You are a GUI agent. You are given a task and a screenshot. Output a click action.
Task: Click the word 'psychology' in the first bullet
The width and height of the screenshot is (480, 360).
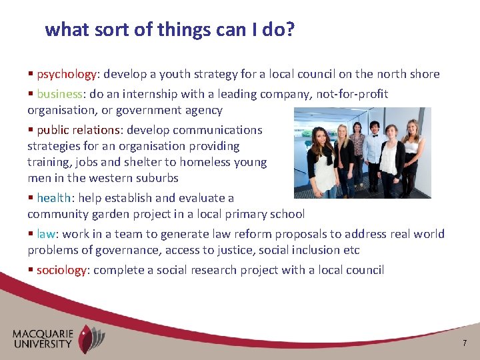click(67, 74)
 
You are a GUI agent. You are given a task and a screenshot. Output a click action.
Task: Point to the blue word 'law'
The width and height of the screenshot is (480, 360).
click(46, 234)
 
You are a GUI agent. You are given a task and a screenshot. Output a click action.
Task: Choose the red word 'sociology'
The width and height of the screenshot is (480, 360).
click(62, 270)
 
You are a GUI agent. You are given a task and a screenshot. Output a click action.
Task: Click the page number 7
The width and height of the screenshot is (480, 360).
click(465, 343)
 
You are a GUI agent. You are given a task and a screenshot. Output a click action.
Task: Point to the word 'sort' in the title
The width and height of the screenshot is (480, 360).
click(107, 30)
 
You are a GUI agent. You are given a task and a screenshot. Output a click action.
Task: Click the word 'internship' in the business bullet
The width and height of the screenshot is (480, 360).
click(153, 94)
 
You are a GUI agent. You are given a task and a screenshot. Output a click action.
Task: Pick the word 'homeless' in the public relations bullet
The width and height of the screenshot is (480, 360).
click(195, 162)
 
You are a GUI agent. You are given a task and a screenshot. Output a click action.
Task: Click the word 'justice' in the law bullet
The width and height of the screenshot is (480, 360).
click(268, 250)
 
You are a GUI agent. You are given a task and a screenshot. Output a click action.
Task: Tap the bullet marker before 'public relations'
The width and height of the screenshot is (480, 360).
click(31, 130)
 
